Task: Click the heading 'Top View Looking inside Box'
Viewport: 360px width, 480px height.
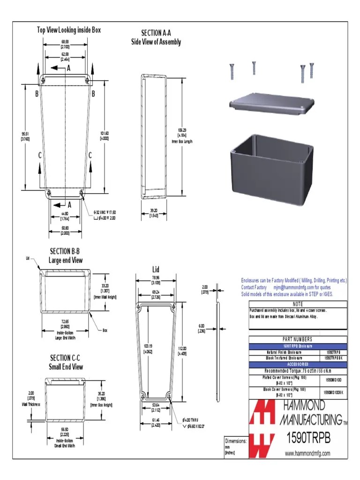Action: [69, 30]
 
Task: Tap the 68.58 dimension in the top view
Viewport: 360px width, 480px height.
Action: [65, 43]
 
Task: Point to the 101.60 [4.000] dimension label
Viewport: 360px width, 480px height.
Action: [105, 135]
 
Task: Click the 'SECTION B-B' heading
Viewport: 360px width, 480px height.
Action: [66, 252]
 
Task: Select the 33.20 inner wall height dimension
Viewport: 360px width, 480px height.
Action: [105, 288]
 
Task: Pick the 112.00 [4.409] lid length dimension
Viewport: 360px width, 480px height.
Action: [182, 351]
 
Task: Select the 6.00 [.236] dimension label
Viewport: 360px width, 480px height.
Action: [202, 328]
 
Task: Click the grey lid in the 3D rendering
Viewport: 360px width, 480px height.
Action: [271, 104]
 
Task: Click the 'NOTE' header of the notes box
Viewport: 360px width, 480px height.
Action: [298, 304]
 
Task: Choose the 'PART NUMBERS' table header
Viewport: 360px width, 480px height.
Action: [298, 339]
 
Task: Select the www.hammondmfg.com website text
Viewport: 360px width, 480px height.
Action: [307, 453]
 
